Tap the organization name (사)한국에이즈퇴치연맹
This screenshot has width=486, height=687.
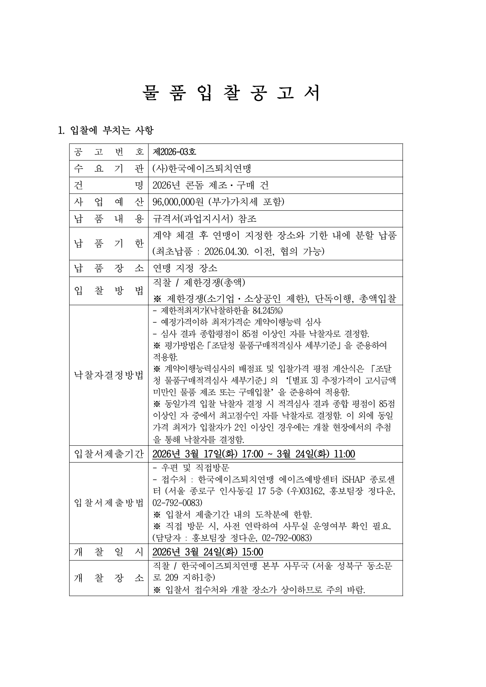click(202, 169)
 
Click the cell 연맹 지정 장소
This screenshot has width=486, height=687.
click(185, 268)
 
